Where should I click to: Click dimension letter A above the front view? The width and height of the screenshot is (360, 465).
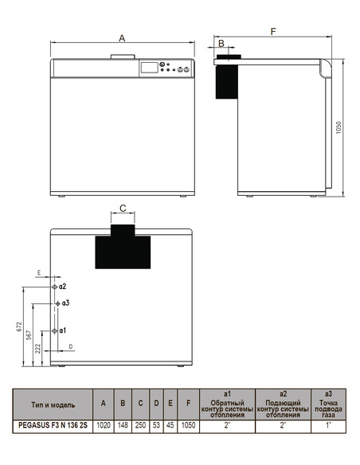122,37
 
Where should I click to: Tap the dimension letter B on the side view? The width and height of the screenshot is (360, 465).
222,45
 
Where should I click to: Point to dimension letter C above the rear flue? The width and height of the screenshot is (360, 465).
123,208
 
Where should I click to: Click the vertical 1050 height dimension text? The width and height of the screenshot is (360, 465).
338,127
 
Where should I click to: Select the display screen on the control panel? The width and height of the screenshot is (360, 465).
149,68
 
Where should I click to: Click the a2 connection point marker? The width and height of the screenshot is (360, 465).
54,285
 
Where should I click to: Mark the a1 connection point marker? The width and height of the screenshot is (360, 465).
54,330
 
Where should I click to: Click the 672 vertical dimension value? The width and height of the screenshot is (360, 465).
18,326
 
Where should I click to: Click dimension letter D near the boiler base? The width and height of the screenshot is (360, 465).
70,347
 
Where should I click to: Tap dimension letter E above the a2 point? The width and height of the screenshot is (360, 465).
38,273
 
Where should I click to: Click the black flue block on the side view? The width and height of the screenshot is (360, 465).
229,77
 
